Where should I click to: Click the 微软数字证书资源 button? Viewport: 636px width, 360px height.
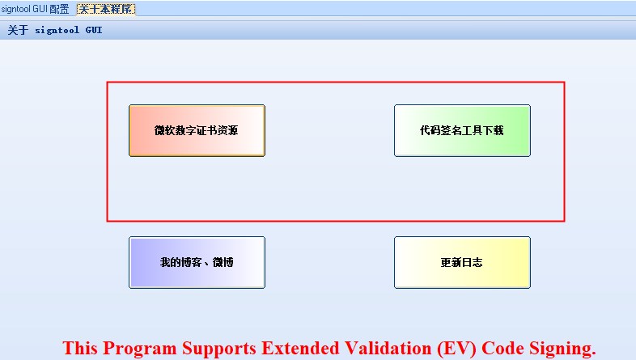tap(197, 130)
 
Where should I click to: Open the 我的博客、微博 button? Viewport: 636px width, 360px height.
tap(197, 262)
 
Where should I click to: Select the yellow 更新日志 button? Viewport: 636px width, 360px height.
tap(462, 262)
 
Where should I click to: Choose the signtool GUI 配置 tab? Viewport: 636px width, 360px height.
tap(35, 9)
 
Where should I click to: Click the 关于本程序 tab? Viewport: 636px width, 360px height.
tap(106, 9)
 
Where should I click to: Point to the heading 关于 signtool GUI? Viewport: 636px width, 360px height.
tap(55, 31)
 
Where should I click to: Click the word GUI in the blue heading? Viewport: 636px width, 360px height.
tap(94, 31)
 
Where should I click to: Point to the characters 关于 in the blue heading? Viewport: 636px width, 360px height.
tap(18, 31)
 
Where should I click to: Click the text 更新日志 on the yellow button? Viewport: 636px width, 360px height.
tap(462, 262)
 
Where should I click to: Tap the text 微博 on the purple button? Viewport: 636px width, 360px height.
tap(223, 262)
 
